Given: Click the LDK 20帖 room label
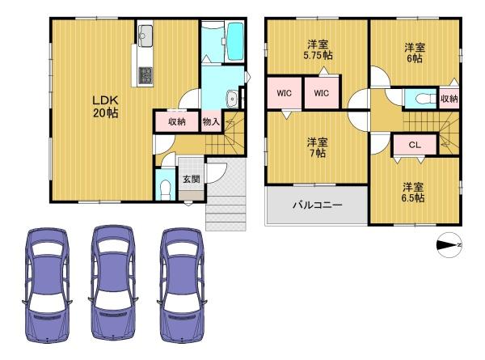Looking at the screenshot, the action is click(105, 107).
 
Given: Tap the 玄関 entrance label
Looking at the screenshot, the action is click(191, 179).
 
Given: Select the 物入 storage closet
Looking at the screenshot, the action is click(211, 121).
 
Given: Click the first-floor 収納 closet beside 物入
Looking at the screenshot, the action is click(176, 121).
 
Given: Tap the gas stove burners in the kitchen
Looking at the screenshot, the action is click(145, 75).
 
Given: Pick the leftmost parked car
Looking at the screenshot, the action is click(48, 285).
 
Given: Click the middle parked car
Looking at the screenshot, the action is click(113, 283).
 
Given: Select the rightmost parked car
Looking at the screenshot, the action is click(182, 285).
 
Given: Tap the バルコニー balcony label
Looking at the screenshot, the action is click(318, 205).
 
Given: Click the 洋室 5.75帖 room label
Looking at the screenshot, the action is click(318, 50).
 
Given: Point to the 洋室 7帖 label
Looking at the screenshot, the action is click(318, 148).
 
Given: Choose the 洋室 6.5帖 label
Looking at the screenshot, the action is click(413, 193).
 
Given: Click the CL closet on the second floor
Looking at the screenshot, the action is click(415, 145).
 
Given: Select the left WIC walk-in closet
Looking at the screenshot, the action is click(284, 93).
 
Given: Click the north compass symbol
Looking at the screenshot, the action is click(449, 245).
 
